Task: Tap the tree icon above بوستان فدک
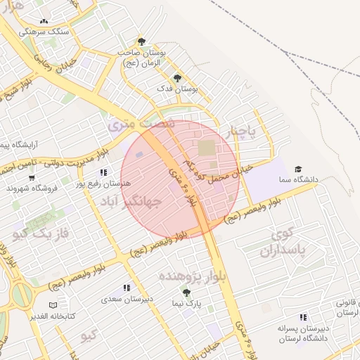pos(176,78)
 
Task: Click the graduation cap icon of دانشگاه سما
pos(297,169)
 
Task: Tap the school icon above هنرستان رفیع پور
pos(104,172)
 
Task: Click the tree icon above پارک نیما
pos(187,292)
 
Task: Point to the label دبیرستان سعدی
pos(127,299)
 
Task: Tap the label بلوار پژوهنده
pos(190,275)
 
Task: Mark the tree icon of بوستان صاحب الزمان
pos(142,41)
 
